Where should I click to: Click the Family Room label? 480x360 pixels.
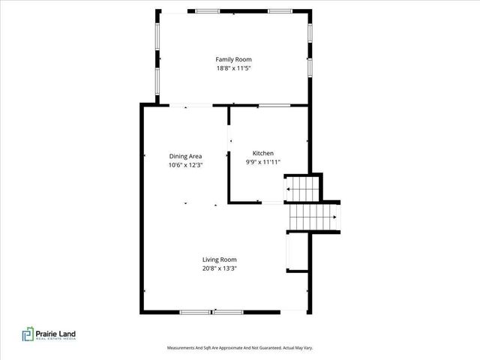pyautogui.click(x=233, y=59)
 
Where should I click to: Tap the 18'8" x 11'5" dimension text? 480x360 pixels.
pyautogui.click(x=233, y=68)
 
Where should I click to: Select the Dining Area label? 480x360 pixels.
pyautogui.click(x=185, y=156)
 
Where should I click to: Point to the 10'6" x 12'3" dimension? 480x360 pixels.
pyautogui.click(x=185, y=165)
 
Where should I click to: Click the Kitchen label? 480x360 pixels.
pyautogui.click(x=262, y=152)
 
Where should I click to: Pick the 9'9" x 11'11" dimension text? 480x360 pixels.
pyautogui.click(x=262, y=161)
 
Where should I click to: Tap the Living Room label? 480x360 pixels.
pyautogui.click(x=224, y=259)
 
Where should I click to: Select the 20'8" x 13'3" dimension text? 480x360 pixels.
pyautogui.click(x=224, y=268)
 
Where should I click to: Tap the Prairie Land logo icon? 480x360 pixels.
pyautogui.click(x=27, y=335)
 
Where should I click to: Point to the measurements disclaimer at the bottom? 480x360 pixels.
pyautogui.click(x=239, y=348)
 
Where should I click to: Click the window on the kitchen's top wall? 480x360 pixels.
pyautogui.click(x=274, y=106)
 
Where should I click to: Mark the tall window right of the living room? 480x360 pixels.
pyautogui.click(x=288, y=252)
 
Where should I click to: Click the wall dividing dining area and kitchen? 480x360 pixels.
pyautogui.click(x=229, y=154)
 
